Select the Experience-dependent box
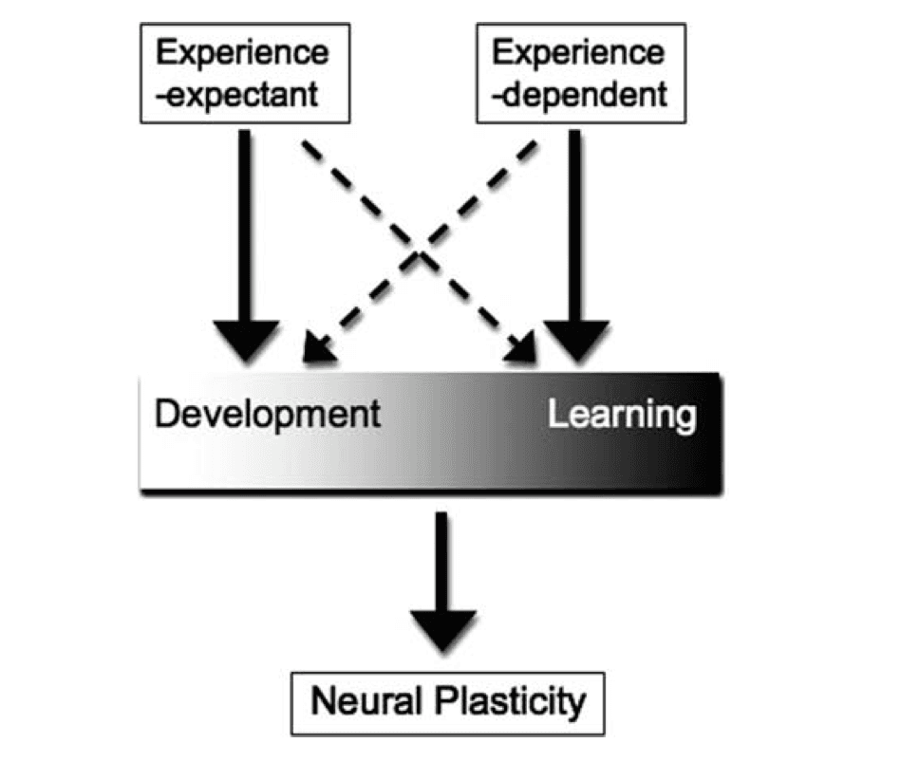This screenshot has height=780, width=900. pyautogui.click(x=579, y=74)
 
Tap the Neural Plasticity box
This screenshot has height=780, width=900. pyautogui.click(x=448, y=703)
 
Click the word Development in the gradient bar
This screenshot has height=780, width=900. pyautogui.click(x=267, y=415)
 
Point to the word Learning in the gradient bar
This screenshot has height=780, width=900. pyautogui.click(x=621, y=415)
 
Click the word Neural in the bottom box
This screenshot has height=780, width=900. pyautogui.click(x=366, y=703)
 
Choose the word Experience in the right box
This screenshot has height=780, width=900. pyautogui.click(x=579, y=53)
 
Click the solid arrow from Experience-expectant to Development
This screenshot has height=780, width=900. pyautogui.click(x=246, y=228)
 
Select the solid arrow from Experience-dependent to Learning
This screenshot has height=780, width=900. pyautogui.click(x=574, y=228)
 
